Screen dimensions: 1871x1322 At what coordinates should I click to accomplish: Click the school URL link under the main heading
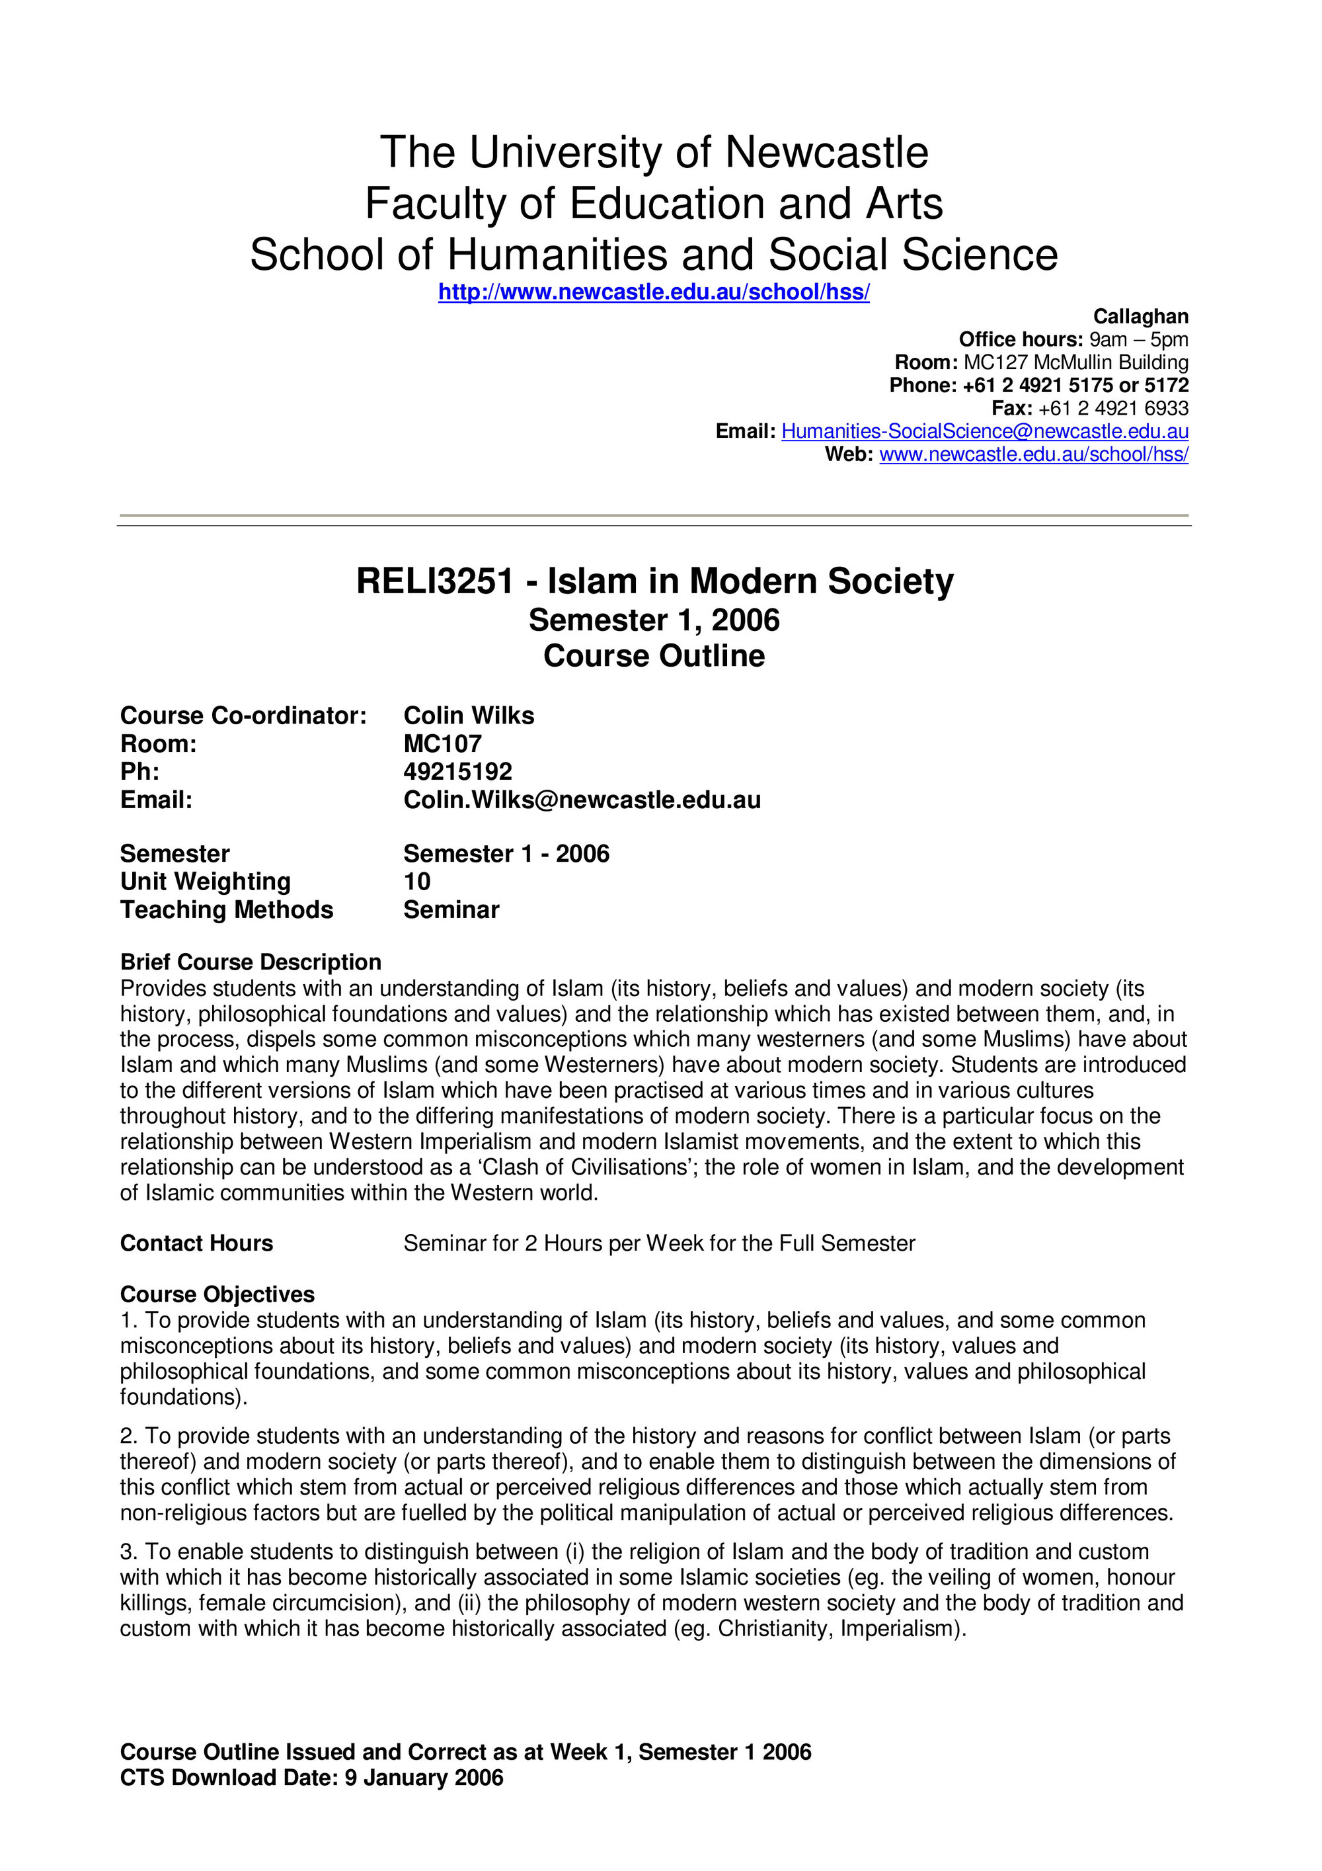[x=653, y=292]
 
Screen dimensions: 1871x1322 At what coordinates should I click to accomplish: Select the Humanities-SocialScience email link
[x=984, y=431]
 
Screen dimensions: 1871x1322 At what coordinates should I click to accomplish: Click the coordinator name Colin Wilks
[x=469, y=716]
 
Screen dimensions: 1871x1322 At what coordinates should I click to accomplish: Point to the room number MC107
[x=442, y=743]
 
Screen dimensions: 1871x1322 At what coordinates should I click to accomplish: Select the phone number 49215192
[x=458, y=771]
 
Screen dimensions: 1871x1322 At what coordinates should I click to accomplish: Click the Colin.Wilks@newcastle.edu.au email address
[x=582, y=800]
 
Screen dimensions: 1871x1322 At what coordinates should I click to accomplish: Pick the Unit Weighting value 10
[x=417, y=881]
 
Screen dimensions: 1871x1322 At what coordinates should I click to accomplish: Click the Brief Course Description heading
[x=250, y=962]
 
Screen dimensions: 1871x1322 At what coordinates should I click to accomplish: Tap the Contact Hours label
[x=196, y=1243]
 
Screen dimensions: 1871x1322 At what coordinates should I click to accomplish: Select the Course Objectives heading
[x=217, y=1294]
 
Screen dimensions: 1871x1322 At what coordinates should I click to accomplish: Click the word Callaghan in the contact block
[x=1140, y=316]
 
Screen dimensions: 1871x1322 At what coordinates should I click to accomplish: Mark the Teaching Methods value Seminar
[x=451, y=909]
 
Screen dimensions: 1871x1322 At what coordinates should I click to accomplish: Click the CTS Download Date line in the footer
[x=311, y=1777]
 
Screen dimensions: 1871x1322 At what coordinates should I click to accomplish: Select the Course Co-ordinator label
[x=243, y=716]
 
